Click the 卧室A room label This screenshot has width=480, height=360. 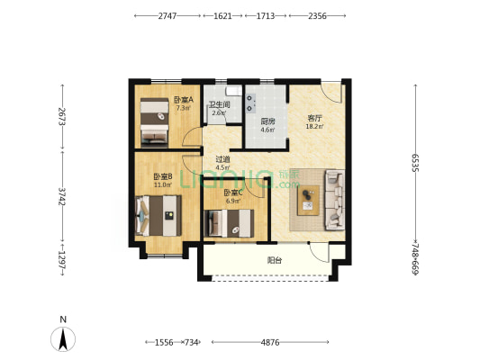[x=184, y=100]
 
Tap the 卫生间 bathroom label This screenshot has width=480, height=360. [x=220, y=104]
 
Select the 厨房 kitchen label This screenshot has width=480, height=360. [x=267, y=121]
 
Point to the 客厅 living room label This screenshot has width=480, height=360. [x=314, y=118]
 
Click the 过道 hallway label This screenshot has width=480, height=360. [x=222, y=159]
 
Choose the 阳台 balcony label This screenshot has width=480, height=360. [x=275, y=261]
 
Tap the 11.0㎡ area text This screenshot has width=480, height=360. [x=162, y=184]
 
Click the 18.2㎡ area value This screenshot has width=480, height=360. [x=314, y=126]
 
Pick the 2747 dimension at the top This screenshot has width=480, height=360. [x=168, y=16]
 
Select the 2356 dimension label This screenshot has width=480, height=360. [x=317, y=16]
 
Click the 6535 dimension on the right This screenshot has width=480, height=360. [x=415, y=163]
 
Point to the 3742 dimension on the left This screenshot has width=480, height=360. [x=62, y=196]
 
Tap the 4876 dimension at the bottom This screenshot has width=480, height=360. [x=270, y=342]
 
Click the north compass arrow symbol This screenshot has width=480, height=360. [x=63, y=339]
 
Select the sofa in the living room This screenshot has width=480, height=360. [x=334, y=200]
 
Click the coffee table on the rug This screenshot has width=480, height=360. [x=309, y=201]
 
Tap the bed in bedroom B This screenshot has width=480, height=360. [x=158, y=216]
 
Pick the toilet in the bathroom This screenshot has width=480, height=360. [x=233, y=91]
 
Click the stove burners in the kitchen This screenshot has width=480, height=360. [x=250, y=103]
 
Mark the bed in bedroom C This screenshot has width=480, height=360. [x=229, y=223]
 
